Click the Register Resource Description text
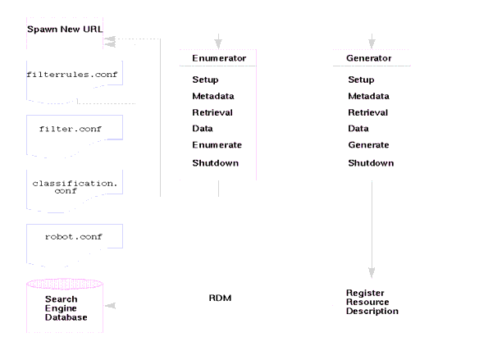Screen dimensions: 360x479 coord(372,302)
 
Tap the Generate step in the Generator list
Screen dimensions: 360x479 coord(367,144)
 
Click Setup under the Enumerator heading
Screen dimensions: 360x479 coord(205,80)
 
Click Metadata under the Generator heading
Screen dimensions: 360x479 coord(367,96)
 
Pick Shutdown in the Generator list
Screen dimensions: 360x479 coord(370,163)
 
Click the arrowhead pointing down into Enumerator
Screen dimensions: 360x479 coord(218,42)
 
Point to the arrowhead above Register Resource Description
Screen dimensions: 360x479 coord(372,273)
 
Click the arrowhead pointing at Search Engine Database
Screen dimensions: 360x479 coord(110,305)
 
